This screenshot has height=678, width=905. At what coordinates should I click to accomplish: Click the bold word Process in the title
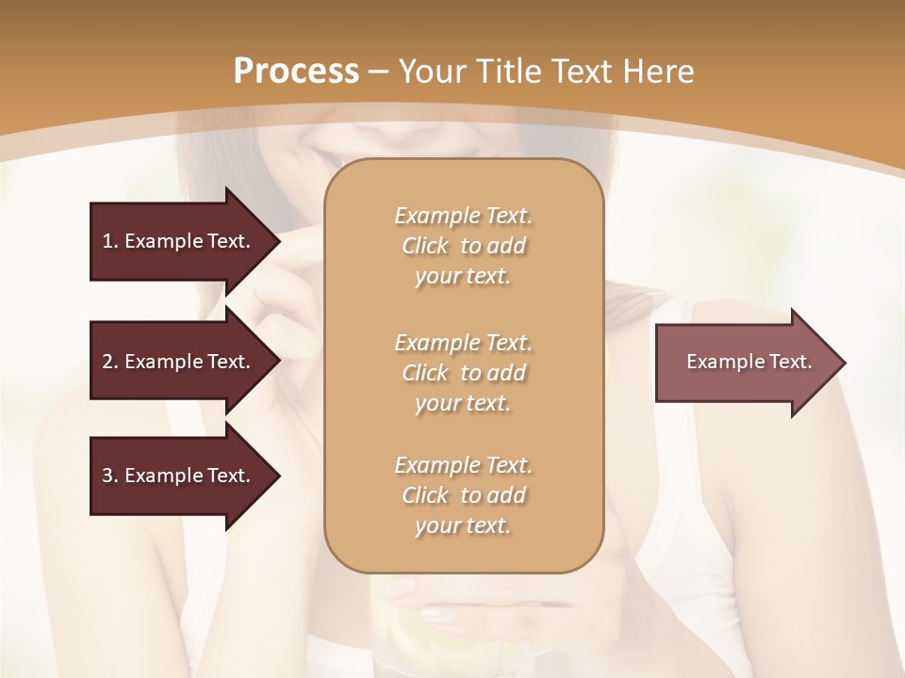[x=296, y=71]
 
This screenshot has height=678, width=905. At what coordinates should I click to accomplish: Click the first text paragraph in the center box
[x=463, y=246]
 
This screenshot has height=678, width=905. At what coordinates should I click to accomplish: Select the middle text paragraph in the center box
[x=463, y=373]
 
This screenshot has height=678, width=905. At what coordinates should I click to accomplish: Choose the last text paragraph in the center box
[x=463, y=495]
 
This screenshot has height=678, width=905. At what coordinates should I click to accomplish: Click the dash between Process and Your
[x=379, y=72]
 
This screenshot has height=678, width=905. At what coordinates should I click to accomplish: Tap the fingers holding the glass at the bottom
[x=424, y=603]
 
